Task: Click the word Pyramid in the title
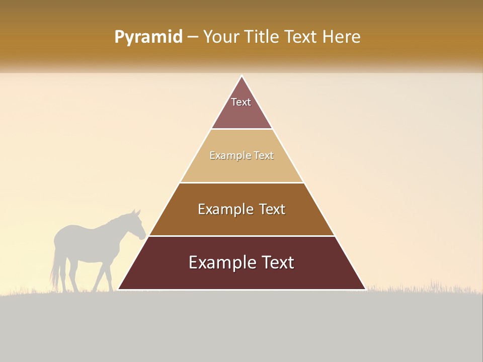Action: pos(148,37)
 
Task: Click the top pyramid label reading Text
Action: pos(241,102)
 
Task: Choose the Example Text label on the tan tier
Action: pos(242,155)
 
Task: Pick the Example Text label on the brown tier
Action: pos(242,209)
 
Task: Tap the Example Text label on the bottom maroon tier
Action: pos(242,262)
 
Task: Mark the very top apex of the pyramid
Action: pos(242,76)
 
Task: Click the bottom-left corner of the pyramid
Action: pos(119,289)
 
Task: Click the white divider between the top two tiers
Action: pos(242,129)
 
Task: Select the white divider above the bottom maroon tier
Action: pos(242,236)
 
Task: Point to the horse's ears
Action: pos(136,213)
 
